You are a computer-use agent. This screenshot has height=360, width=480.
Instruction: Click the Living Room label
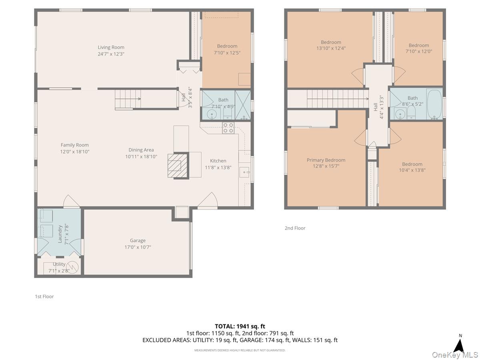pyautogui.click(x=111, y=47)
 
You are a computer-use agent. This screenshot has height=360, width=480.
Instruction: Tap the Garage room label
pyautogui.click(x=138, y=240)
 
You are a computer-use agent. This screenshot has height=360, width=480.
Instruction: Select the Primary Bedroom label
pyautogui.click(x=326, y=160)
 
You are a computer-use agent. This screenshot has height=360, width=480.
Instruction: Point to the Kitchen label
pyautogui.click(x=218, y=161)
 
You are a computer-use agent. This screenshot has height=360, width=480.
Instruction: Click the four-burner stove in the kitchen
pyautogui.click(x=228, y=128)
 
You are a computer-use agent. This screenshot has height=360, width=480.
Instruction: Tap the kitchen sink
pyautogui.click(x=244, y=172)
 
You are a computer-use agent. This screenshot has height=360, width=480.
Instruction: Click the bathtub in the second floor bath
pyautogui.click(x=434, y=104)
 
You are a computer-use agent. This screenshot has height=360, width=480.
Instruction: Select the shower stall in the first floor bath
pyautogui.click(x=242, y=105)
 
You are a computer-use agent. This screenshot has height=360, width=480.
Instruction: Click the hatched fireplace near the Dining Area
pyautogui.click(x=178, y=166)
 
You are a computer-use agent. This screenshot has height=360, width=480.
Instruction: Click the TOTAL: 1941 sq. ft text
pyautogui.click(x=240, y=326)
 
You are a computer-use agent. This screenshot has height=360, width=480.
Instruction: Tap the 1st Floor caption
pyautogui.click(x=44, y=296)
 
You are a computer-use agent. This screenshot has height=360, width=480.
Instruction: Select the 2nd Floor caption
pyautogui.click(x=295, y=228)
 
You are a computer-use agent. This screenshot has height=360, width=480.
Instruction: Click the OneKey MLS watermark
pyautogui.click(x=455, y=354)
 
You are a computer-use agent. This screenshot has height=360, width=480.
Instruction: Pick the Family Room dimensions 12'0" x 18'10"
pyautogui.click(x=75, y=152)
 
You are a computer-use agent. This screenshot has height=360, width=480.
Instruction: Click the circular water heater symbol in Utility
pyautogui.click(x=72, y=267)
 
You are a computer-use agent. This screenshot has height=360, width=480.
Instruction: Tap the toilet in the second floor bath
pyautogui.click(x=411, y=113)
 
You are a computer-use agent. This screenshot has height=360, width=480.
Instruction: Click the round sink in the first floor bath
pyautogui.click(x=212, y=114)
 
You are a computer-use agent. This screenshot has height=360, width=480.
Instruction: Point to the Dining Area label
pyautogui.click(x=141, y=150)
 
